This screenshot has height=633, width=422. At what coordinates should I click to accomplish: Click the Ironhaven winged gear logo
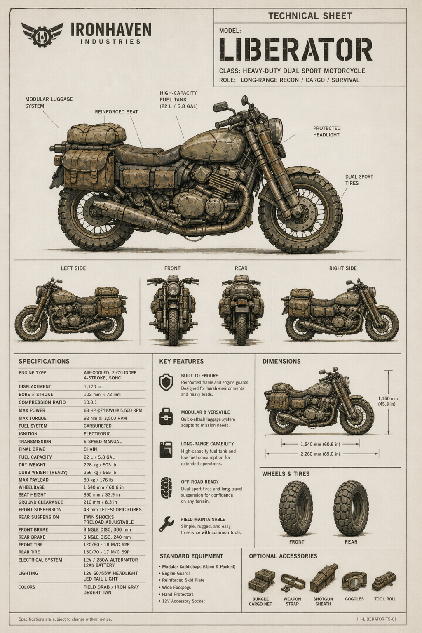tap(42, 34)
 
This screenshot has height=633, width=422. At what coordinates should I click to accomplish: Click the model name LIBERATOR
tap(295, 49)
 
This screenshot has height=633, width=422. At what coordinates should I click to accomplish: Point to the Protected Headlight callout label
tap(326, 132)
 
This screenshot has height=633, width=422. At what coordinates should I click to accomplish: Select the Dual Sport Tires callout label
tap(359, 180)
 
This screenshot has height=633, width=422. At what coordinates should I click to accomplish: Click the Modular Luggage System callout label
tap(49, 102)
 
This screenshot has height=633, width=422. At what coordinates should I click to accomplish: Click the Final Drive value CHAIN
tap(90, 449)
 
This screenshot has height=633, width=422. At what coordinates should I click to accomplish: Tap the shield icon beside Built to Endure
tap(166, 382)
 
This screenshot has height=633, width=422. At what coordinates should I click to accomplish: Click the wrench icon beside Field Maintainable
tap(166, 524)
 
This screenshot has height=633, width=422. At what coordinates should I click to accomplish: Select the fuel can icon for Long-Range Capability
tap(166, 449)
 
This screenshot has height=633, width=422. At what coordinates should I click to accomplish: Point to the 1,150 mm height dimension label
tap(388, 401)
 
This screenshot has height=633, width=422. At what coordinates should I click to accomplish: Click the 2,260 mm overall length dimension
tap(321, 454)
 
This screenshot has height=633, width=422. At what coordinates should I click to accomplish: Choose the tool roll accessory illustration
tap(384, 581)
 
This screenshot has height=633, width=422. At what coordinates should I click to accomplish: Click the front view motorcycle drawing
tap(173, 309)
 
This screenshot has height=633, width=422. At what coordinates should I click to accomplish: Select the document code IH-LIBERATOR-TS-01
tap(377, 619)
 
